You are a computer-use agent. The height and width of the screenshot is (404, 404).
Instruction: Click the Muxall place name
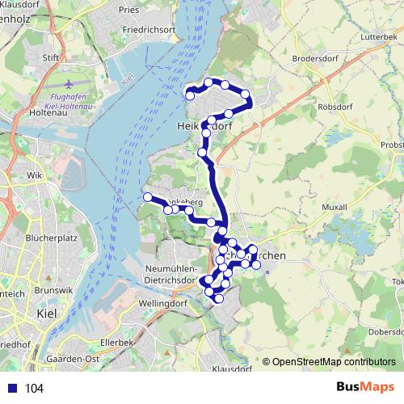tap(335, 208)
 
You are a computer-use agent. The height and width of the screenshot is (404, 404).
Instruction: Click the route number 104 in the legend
tap(34, 389)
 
